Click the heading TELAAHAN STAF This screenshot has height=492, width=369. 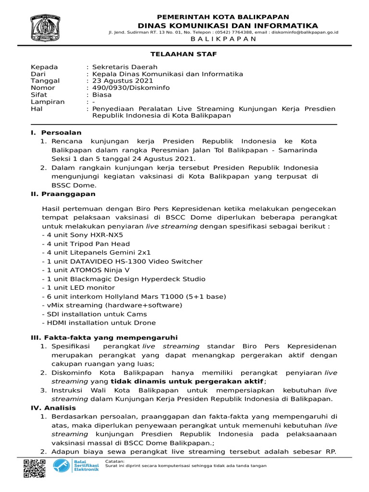pyautogui.click(x=184, y=54)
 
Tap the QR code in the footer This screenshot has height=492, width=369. pyautogui.click(x=35, y=468)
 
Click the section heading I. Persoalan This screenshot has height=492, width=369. pyautogui.click(x=56, y=132)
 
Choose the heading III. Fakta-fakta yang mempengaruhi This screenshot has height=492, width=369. pyautogui.click(x=104, y=337)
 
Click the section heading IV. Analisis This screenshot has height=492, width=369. pyautogui.click(x=53, y=407)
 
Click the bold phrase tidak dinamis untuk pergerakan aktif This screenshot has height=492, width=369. pyautogui.click(x=187, y=381)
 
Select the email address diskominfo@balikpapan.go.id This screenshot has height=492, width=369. pyautogui.click(x=305, y=32)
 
